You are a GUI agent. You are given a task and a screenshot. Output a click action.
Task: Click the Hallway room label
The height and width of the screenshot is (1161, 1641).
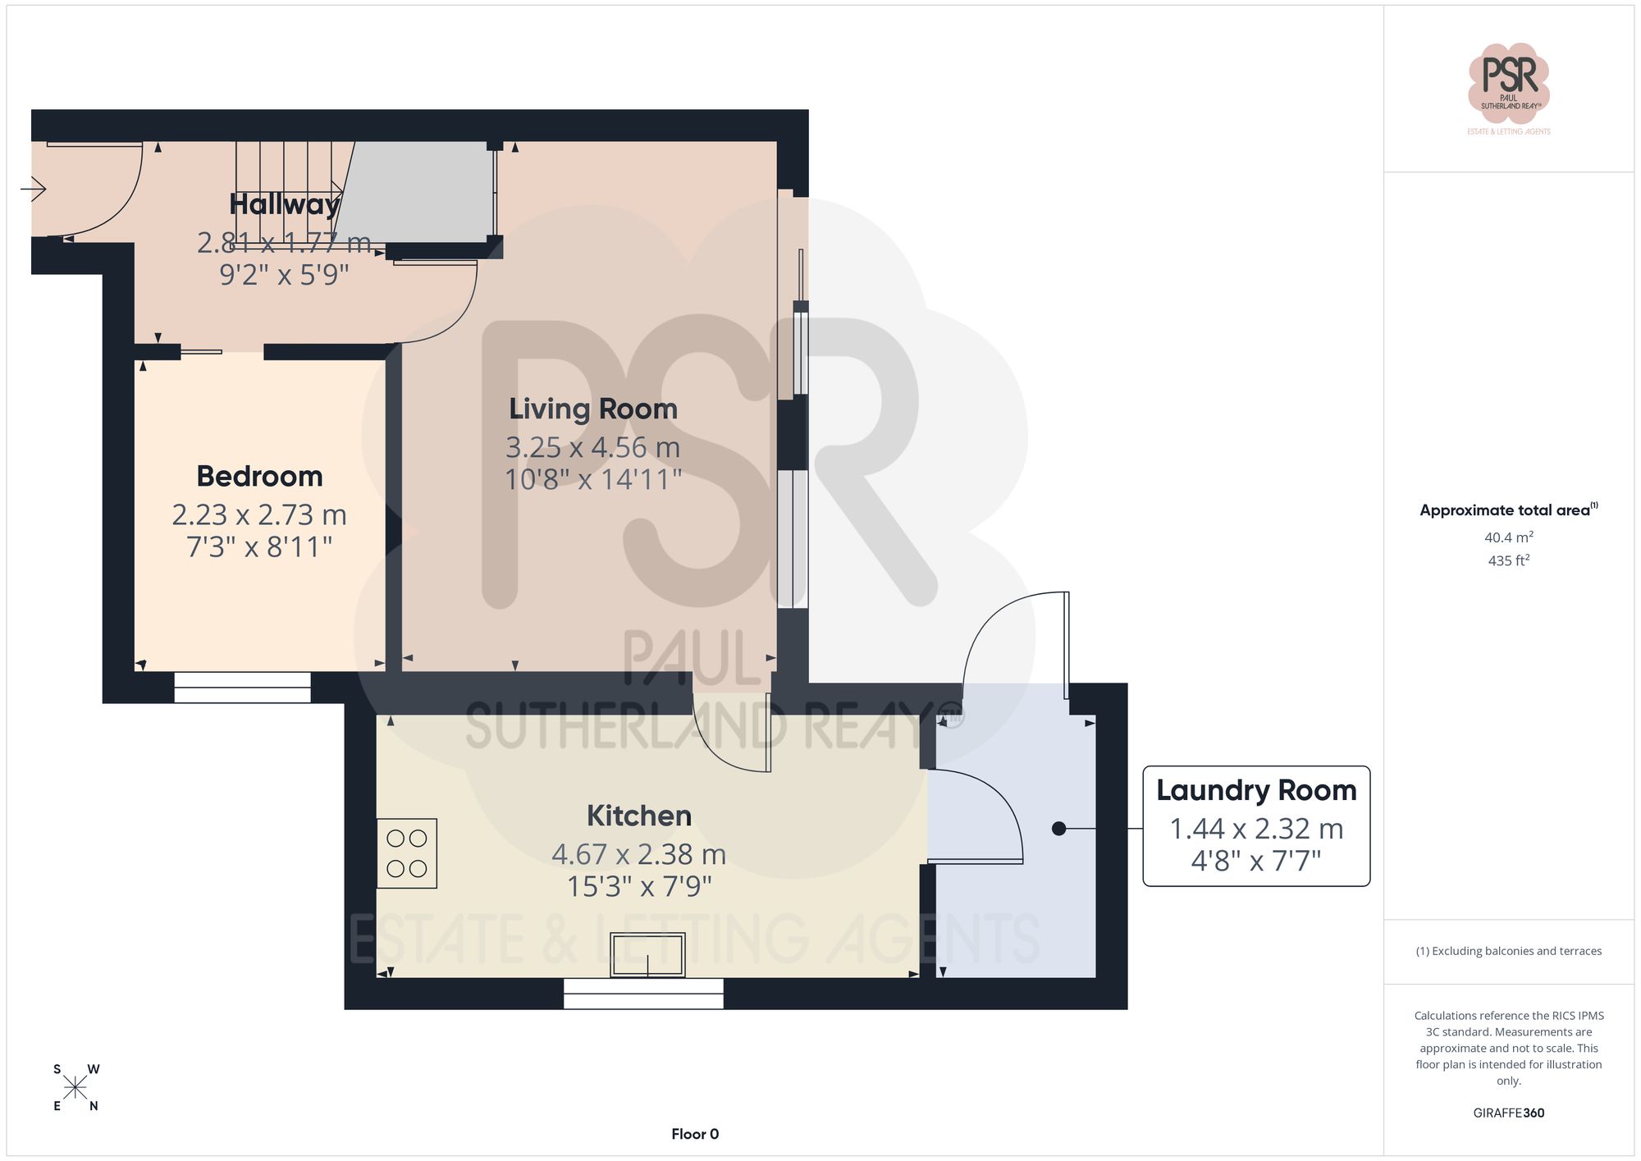tap(284, 204)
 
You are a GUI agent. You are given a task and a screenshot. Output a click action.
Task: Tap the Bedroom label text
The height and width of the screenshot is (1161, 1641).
tap(259, 477)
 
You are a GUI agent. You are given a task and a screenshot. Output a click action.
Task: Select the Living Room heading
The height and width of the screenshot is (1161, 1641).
tap(593, 409)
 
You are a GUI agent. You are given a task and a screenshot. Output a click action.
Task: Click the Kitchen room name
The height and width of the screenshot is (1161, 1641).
tap(638, 816)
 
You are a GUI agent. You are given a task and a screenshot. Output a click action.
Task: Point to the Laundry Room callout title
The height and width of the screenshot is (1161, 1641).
tap(1255, 791)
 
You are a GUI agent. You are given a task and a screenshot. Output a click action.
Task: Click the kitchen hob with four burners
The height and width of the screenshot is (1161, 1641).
tap(407, 853)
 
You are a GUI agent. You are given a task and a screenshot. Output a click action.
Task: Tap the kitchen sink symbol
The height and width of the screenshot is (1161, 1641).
tap(647, 955)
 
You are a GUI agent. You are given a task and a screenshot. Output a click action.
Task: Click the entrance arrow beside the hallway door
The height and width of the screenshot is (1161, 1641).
tap(34, 190)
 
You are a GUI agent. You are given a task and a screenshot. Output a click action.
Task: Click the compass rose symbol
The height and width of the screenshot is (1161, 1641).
tap(75, 1088)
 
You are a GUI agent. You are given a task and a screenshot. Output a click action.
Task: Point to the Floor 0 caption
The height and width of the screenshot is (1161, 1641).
tap(695, 1134)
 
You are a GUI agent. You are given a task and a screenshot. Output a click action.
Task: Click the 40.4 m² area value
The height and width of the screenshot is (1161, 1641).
tap(1508, 537)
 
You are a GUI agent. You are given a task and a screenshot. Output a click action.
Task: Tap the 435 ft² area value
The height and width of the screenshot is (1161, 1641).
tap(1508, 560)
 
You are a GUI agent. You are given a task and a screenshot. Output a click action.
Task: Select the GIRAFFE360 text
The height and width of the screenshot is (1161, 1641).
tap(1508, 1113)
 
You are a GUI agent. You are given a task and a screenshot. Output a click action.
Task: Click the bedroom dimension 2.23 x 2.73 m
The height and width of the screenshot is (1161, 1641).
tap(259, 515)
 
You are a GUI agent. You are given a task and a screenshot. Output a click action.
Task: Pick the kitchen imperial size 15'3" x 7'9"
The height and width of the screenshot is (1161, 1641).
tap(638, 887)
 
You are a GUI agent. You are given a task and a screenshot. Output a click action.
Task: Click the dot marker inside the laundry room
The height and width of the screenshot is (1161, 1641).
tap(1058, 829)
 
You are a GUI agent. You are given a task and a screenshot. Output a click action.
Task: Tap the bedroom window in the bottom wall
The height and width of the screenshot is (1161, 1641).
tap(242, 688)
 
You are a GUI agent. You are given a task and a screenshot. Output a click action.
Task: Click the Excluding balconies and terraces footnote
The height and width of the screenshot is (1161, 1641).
tap(1508, 951)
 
